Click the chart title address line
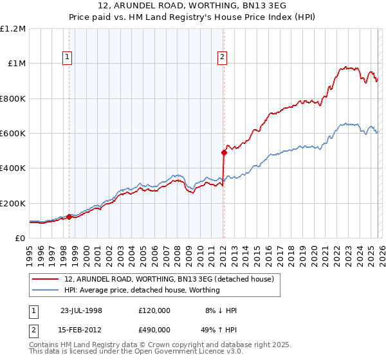[x=192, y=6]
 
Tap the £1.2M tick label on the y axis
[x=13, y=29]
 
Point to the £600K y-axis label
[x=13, y=134]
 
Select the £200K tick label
[x=13, y=203]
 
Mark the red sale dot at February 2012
[x=224, y=153]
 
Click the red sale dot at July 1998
[x=69, y=217]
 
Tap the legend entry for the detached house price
[x=169, y=279]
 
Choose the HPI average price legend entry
[x=142, y=290]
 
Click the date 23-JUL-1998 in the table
[x=81, y=310]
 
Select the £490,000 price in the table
[x=154, y=329]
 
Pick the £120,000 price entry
[x=154, y=310]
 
